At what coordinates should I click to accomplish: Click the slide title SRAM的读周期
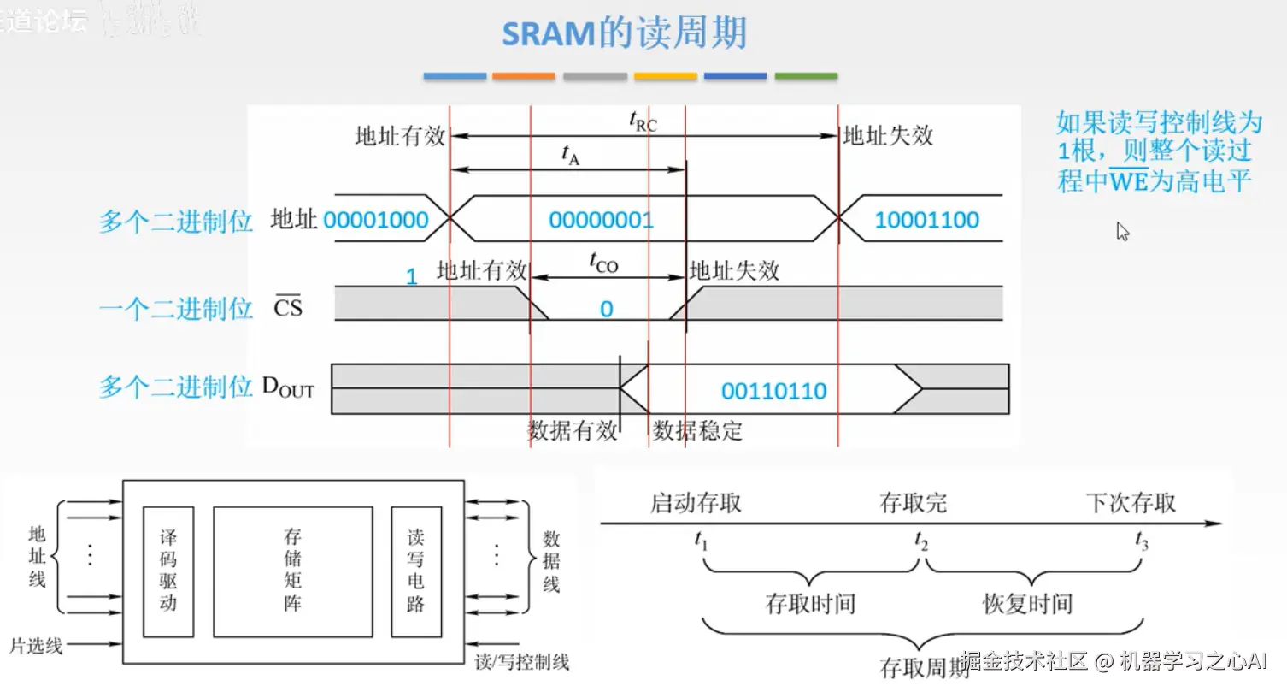[x=624, y=33]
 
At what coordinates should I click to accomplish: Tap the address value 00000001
[x=601, y=221]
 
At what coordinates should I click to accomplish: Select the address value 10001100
[x=926, y=221]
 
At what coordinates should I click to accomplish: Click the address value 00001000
[x=376, y=221]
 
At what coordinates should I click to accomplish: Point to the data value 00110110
[x=773, y=392]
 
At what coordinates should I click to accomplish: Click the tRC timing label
[x=643, y=122]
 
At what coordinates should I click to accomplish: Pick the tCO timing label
[x=603, y=263]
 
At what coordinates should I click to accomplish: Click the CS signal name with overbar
[x=288, y=307]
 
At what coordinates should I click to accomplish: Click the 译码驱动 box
[x=167, y=571]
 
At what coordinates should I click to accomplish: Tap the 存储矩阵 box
[x=292, y=571]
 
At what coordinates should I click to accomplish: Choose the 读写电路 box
[x=416, y=571]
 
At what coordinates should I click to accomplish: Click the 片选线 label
[x=36, y=646]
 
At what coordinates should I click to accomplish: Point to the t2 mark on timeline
[x=920, y=541]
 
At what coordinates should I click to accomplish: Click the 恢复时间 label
[x=1027, y=605]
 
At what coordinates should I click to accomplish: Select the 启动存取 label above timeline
[x=696, y=503]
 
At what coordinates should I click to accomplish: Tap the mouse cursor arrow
[x=1123, y=231]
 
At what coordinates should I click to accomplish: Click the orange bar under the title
[x=523, y=76]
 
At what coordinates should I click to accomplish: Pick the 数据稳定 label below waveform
[x=697, y=431]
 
